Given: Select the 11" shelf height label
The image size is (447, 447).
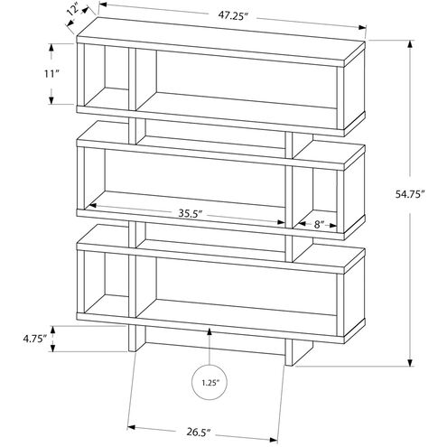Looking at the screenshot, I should click(x=54, y=75).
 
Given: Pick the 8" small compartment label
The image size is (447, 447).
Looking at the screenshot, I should click(x=319, y=223).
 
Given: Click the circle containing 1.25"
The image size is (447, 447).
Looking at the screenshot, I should click(x=209, y=382).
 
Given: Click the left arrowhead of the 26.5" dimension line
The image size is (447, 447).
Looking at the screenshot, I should click(x=133, y=424).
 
